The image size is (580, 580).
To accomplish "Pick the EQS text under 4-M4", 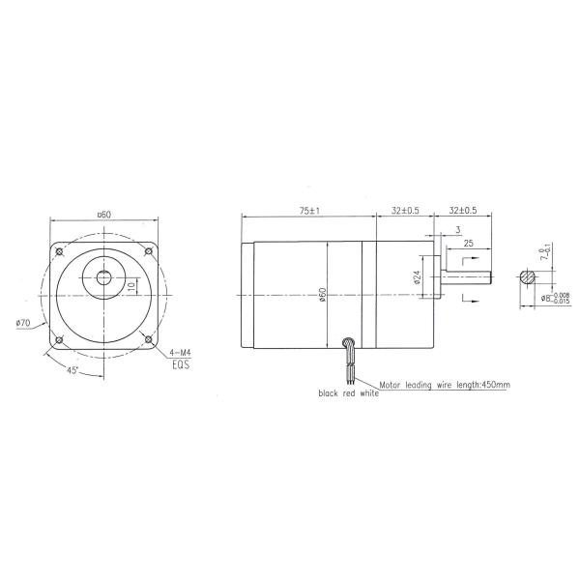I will click(x=180, y=366).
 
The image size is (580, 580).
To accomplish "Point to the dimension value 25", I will click(x=468, y=244).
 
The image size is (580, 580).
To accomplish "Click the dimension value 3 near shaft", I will click(x=456, y=229).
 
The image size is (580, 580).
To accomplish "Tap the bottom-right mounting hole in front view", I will click(x=146, y=338).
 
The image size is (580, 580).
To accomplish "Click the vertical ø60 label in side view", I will click(x=322, y=293).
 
